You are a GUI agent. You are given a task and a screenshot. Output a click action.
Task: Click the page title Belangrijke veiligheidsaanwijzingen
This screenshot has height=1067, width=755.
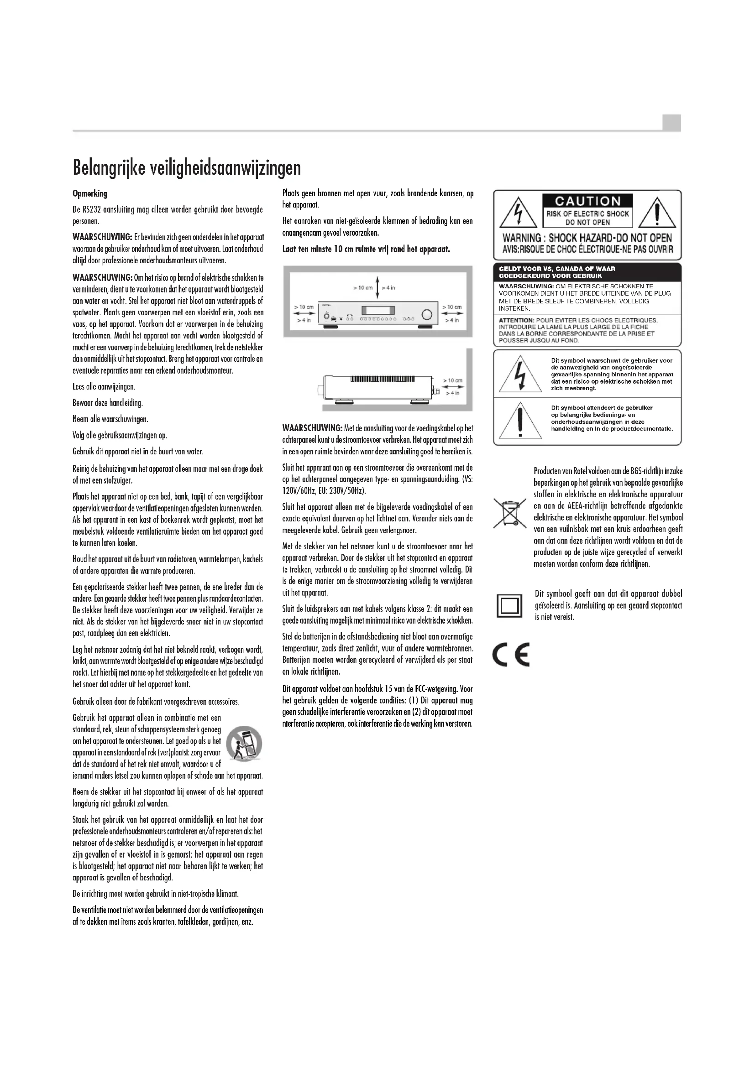[186, 168]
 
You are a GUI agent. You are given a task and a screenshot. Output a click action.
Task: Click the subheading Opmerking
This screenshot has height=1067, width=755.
[90, 193]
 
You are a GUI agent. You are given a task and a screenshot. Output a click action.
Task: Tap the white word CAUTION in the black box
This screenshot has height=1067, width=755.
[587, 201]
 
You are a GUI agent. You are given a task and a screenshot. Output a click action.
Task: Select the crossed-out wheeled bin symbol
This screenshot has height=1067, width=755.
[510, 512]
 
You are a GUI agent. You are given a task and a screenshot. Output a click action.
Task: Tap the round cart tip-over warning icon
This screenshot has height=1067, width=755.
[244, 742]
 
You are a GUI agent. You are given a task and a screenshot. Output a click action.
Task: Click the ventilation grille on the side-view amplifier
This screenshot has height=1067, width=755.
[382, 379]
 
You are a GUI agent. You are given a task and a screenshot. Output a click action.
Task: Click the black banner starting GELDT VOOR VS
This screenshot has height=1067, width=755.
[587, 272]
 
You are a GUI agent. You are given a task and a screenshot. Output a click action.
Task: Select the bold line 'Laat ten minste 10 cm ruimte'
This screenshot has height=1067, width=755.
[367, 250]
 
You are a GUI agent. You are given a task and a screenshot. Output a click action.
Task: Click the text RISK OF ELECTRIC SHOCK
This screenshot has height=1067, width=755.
[587, 214]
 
